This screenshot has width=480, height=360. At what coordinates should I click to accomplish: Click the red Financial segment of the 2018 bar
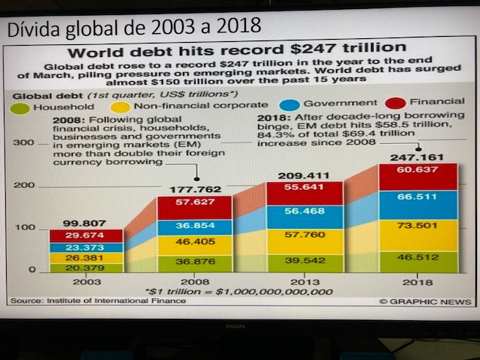click(x=418, y=177)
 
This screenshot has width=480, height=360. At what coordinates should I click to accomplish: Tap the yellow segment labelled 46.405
click(x=194, y=242)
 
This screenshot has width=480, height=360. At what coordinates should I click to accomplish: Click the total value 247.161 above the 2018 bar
click(x=418, y=158)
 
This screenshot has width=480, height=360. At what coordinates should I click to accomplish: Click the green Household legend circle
click(x=20, y=108)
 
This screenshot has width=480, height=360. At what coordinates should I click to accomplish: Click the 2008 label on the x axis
click(x=195, y=281)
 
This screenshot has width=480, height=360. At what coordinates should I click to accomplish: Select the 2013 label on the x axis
click(x=304, y=281)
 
